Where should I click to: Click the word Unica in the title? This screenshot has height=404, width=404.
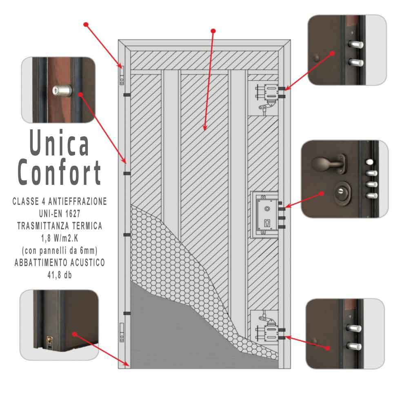pyautogui.click(x=60, y=142)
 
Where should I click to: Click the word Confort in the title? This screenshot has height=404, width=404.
pyautogui.click(x=59, y=172)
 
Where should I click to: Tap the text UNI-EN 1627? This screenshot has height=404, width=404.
pyautogui.click(x=60, y=213)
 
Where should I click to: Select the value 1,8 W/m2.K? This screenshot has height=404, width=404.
pyautogui.click(x=60, y=238)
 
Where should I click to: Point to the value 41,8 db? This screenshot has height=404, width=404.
pyautogui.click(x=60, y=275)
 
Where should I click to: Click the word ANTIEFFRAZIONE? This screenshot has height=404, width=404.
pyautogui.click(x=78, y=201)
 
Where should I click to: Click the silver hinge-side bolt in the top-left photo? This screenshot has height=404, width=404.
pyautogui.click(x=62, y=91)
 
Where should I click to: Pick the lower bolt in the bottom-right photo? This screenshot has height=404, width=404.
pyautogui.click(x=354, y=346)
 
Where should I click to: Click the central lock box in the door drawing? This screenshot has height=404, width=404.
pyautogui.click(x=264, y=215)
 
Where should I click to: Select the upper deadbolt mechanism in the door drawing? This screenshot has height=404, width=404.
pyautogui.click(x=267, y=98)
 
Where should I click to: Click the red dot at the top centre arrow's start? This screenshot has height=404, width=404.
pyautogui.click(x=213, y=31)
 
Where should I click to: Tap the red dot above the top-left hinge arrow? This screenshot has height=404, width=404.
pyautogui.click(x=86, y=24)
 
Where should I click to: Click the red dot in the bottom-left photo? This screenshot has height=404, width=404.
pyautogui.click(x=74, y=334)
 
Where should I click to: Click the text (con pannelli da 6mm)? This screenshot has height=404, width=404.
pyautogui.click(x=60, y=251)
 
